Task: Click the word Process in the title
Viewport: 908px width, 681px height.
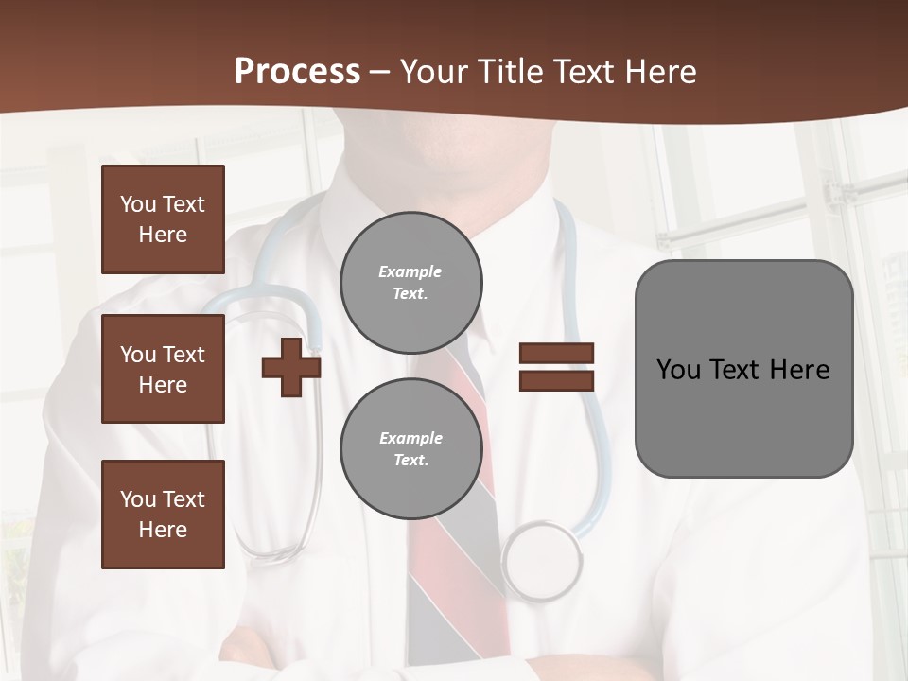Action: [x=297, y=72]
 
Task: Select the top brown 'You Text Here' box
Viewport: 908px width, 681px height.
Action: [x=163, y=219]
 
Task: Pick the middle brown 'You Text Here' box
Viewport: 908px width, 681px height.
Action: [x=163, y=369]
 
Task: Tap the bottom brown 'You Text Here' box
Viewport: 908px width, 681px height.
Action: [x=163, y=515]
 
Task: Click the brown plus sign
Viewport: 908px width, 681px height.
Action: [x=291, y=367]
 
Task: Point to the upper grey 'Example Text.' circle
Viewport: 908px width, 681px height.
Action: [x=411, y=283]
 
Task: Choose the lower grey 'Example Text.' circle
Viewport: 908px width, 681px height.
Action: [x=411, y=449]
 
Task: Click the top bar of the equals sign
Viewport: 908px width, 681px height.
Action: [x=556, y=353]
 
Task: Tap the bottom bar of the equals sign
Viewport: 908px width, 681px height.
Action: [x=556, y=380]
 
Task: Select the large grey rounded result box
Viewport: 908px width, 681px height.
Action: [x=743, y=369]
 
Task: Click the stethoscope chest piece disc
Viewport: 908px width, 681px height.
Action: [x=542, y=562]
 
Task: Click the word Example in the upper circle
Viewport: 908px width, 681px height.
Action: [x=410, y=271]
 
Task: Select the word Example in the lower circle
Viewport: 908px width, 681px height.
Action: [x=410, y=438]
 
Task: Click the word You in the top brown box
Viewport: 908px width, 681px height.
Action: [x=138, y=204]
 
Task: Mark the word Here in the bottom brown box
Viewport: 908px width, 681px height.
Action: [x=163, y=530]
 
